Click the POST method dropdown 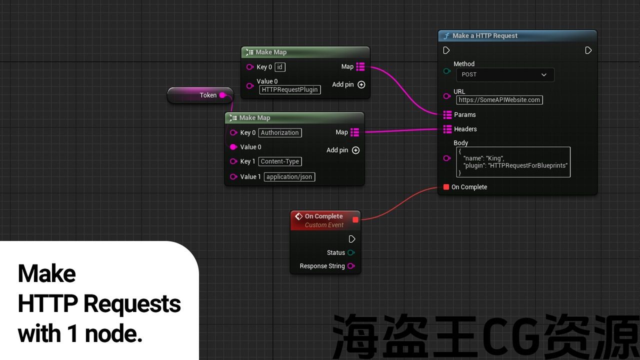505,74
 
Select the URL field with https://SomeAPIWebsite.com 499,99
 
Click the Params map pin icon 447,114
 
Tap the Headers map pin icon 447,129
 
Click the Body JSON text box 513,162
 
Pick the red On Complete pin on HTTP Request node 446,187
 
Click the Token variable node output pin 222,95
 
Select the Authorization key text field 280,132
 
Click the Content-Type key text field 280,161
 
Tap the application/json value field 289,177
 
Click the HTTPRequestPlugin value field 289,89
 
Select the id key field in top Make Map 279,67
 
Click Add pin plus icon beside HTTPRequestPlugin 361,84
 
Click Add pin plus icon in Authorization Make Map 355,150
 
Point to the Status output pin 351,252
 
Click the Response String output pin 351,266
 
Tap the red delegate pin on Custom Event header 355,219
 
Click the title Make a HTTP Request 485,35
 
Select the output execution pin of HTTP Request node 588,50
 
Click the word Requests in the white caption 132,303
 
